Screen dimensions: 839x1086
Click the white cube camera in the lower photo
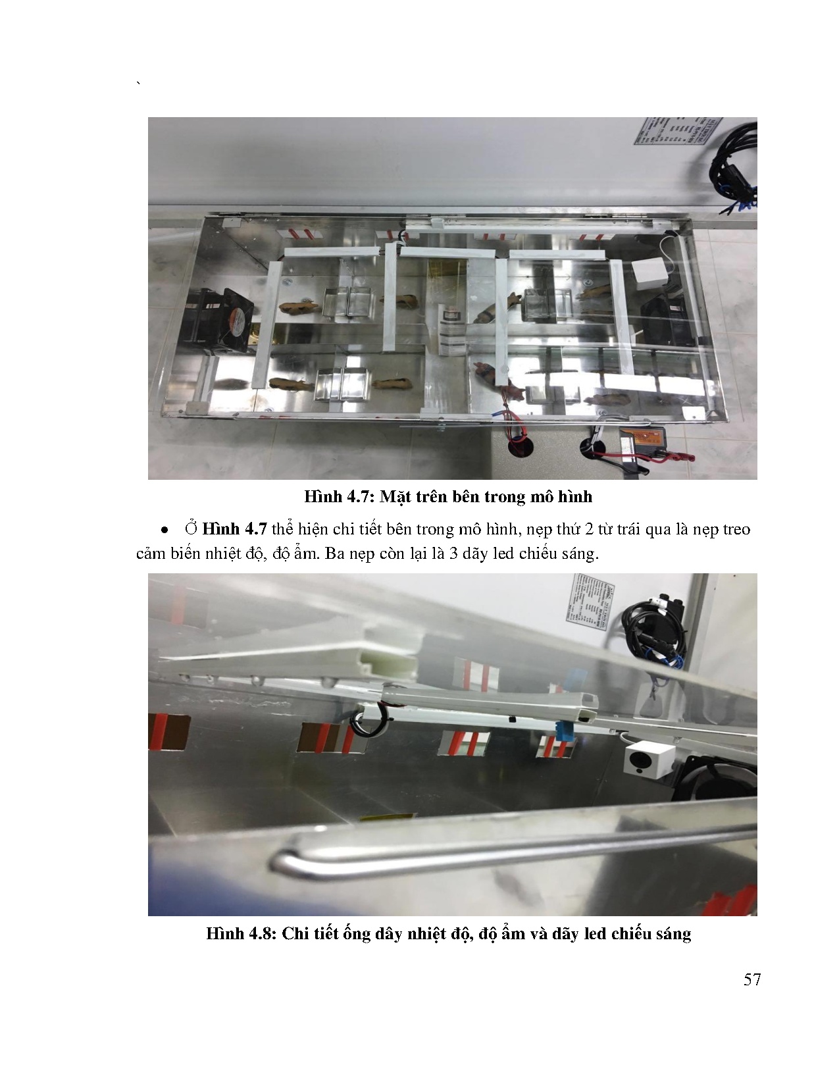point(649,761)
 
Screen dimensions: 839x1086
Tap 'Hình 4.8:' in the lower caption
point(242,933)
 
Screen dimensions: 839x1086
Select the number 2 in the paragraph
point(589,529)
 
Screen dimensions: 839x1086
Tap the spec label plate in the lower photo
point(588,601)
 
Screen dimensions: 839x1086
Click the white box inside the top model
point(649,274)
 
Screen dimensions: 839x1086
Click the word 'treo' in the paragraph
point(736,529)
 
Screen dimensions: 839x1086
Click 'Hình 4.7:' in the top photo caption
point(340,497)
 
